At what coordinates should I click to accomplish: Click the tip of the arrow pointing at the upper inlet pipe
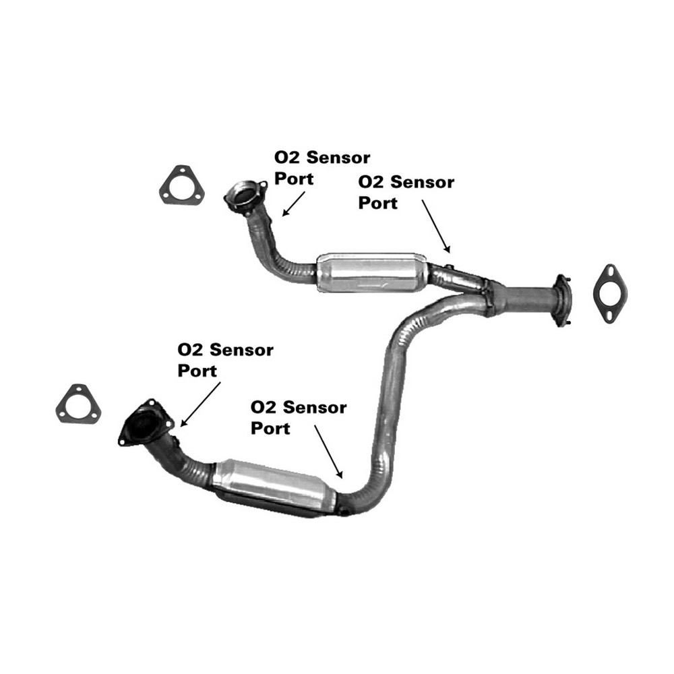pyautogui.click(x=282, y=216)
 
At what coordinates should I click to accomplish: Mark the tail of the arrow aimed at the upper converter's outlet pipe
pyautogui.click(x=422, y=200)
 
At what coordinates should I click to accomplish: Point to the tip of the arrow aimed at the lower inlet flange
pyautogui.click(x=181, y=427)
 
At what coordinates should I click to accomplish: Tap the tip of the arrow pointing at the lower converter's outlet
pyautogui.click(x=342, y=478)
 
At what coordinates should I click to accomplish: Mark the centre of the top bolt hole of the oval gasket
pyautogui.click(x=610, y=271)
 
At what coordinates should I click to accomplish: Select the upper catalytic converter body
pyautogui.click(x=372, y=272)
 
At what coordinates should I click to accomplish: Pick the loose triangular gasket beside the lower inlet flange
pyautogui.click(x=78, y=404)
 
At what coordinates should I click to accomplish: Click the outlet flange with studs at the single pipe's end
pyautogui.click(x=563, y=300)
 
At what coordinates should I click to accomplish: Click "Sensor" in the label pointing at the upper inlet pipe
pyautogui.click(x=339, y=158)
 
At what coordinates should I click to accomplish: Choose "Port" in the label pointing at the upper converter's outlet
pyautogui.click(x=378, y=203)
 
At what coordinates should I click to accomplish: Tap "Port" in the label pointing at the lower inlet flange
pyautogui.click(x=197, y=371)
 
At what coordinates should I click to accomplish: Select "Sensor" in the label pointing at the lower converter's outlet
pyautogui.click(x=315, y=407)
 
